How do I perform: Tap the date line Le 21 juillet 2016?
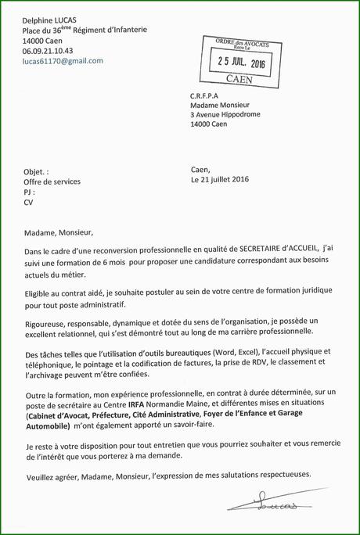(x=220, y=179)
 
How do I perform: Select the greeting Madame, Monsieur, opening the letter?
(x=59, y=232)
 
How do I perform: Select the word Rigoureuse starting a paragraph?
(x=48, y=321)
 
